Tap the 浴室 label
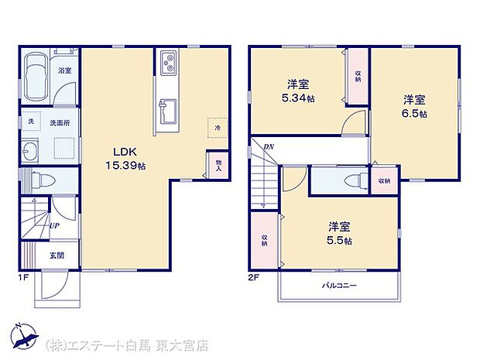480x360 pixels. coord(64,71)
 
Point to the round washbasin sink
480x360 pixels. coord(31,150)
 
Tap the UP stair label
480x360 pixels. coord(54,225)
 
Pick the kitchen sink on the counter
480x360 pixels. coord(169,113)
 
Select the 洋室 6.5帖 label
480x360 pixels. coord(413,106)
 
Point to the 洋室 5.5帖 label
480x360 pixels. coord(339,233)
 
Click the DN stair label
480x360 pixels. coord(268,146)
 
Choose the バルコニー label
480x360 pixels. coord(339,286)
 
